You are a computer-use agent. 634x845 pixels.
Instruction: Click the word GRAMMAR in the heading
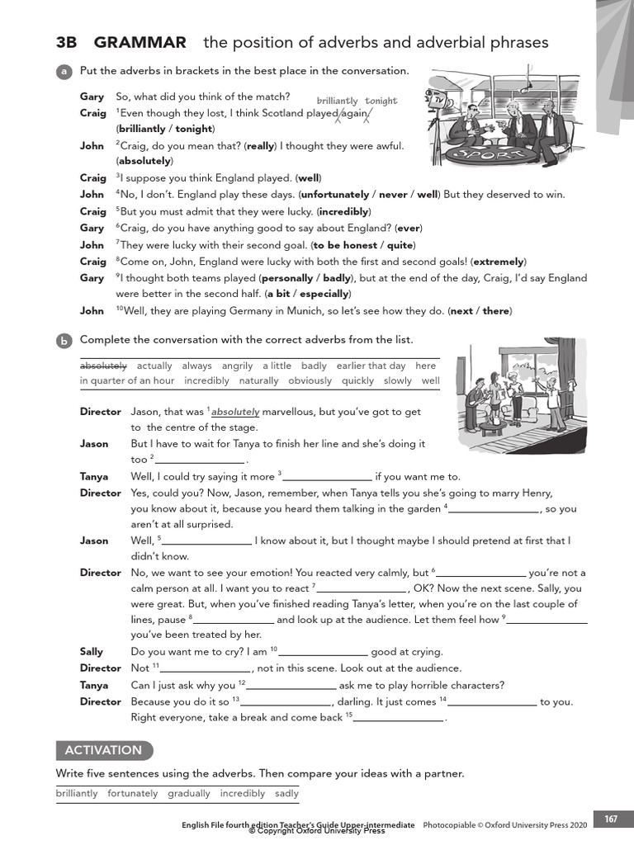click(140, 43)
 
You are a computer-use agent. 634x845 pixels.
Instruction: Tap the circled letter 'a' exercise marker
click(63, 72)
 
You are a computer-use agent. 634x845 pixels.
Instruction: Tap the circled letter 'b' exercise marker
click(63, 340)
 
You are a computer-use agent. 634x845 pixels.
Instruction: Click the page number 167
click(610, 819)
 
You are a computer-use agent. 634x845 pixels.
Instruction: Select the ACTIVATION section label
click(103, 750)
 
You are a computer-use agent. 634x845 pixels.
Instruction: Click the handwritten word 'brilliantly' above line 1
click(338, 101)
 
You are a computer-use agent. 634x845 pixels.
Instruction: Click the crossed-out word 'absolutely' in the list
click(103, 366)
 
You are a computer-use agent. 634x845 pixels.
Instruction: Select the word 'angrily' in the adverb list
click(238, 366)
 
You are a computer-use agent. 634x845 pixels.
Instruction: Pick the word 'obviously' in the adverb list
click(310, 380)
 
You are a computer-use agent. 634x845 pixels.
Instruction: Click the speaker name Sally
click(92, 652)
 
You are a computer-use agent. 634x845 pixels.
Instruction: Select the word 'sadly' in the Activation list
click(286, 793)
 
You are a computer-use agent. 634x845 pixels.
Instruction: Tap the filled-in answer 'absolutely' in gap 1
click(236, 411)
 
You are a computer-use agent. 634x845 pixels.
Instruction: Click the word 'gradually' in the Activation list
click(189, 793)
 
